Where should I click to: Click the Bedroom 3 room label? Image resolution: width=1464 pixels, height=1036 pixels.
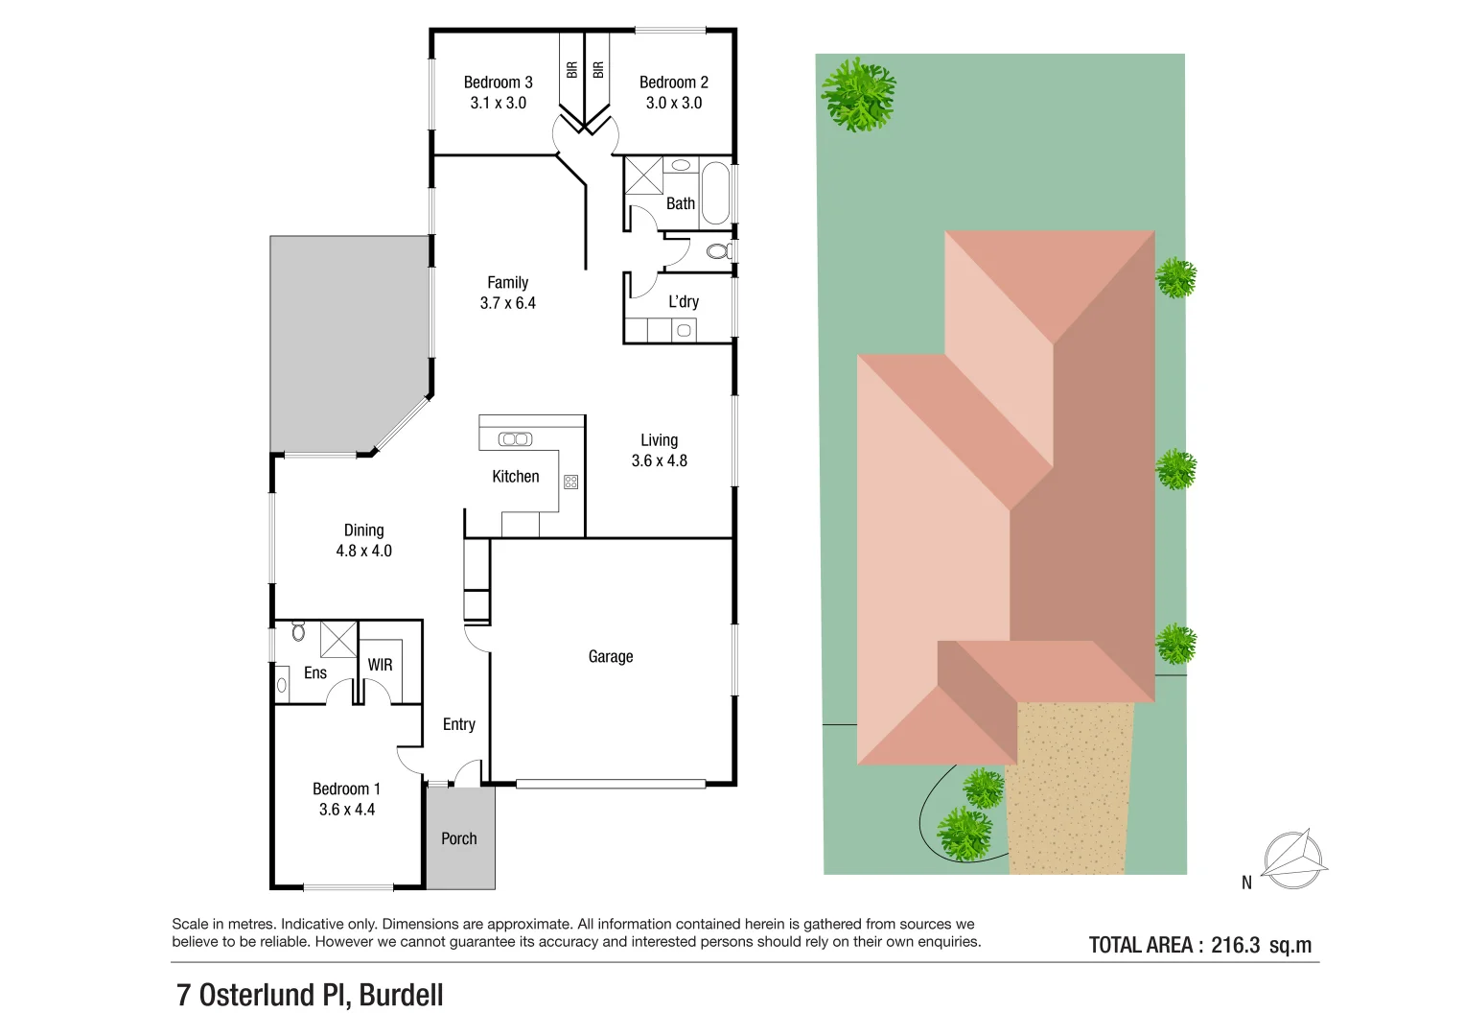(x=498, y=82)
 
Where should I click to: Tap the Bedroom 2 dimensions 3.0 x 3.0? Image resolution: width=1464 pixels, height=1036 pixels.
(x=674, y=104)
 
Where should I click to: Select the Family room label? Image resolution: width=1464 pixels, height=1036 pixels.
(x=507, y=283)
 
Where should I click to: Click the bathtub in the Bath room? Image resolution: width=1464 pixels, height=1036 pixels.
(x=715, y=193)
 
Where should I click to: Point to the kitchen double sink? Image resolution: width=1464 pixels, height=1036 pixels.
(x=515, y=439)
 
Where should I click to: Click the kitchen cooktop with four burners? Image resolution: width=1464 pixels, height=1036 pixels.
(x=571, y=482)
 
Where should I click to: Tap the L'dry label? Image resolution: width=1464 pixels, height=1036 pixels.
(x=684, y=302)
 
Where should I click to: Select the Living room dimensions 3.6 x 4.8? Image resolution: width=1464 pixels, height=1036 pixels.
(x=660, y=461)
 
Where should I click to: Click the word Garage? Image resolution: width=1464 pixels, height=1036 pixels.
(x=611, y=657)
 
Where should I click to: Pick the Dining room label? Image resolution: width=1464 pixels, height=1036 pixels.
(x=363, y=530)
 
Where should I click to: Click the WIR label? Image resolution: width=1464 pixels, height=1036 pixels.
(x=381, y=665)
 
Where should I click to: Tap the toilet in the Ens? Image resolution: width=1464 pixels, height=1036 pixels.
(x=298, y=631)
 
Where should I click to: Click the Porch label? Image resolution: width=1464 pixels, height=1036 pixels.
(x=459, y=839)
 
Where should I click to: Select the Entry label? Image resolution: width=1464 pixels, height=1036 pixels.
(x=459, y=725)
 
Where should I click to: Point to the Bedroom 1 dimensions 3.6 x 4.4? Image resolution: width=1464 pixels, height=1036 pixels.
(x=347, y=810)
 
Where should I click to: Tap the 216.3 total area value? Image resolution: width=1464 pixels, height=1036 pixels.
(x=1236, y=945)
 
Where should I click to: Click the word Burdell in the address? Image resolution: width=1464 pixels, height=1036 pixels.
(x=401, y=996)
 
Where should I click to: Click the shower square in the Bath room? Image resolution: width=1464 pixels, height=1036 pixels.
(x=643, y=176)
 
